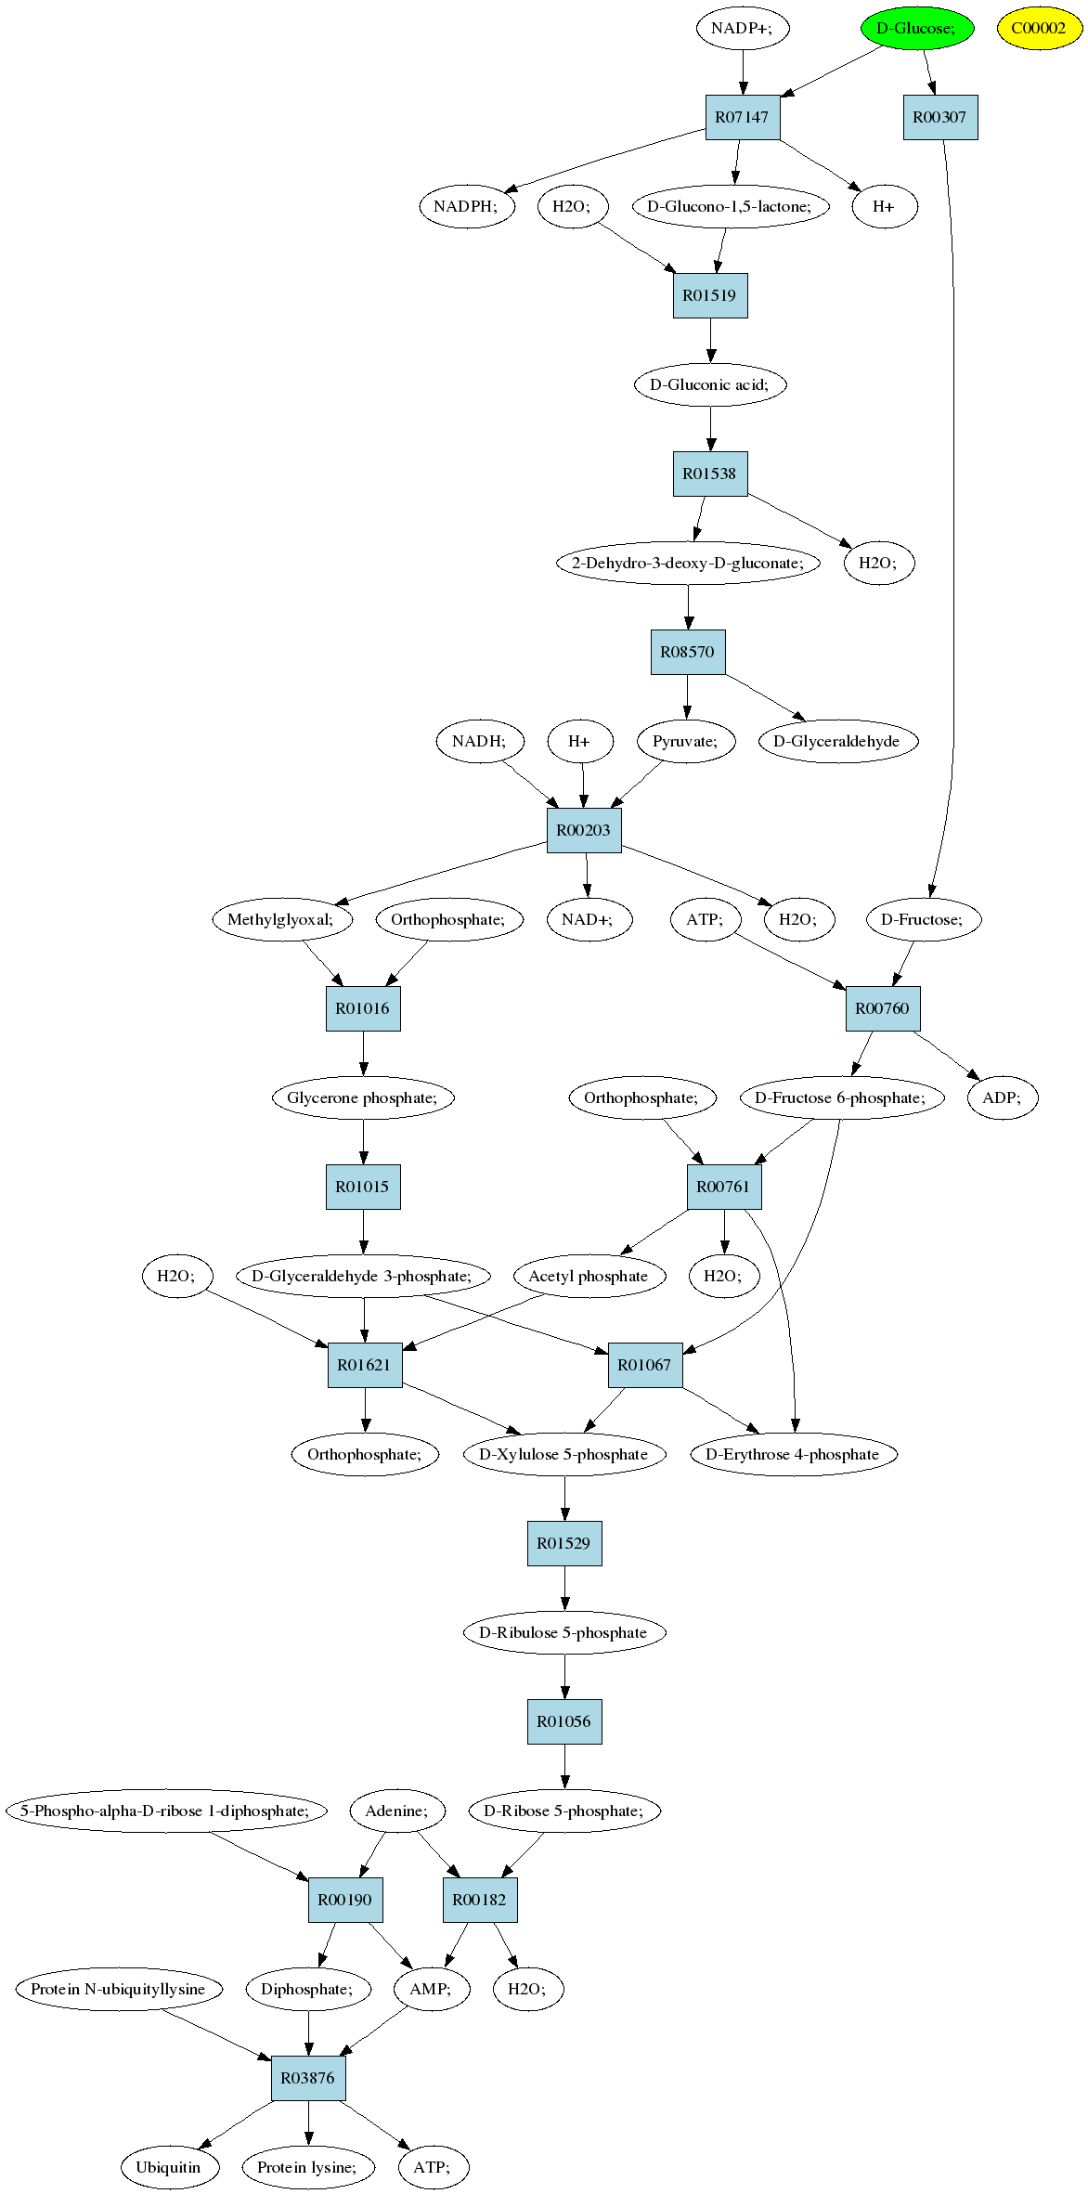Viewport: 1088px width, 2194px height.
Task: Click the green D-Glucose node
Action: pos(916,28)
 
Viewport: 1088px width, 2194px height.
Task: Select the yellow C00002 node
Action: pos(1039,28)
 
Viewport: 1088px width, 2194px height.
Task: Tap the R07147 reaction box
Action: pos(742,117)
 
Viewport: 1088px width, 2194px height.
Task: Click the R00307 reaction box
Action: pos(940,117)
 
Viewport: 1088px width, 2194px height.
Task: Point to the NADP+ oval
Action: pos(742,28)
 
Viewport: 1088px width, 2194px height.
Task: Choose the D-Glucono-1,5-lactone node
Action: pos(729,206)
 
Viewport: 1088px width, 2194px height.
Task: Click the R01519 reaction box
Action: pos(710,295)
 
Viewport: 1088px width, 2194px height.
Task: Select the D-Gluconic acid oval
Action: pos(710,384)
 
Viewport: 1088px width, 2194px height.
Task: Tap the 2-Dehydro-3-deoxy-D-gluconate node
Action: pos(688,563)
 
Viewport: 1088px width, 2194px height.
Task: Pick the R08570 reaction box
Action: pos(688,652)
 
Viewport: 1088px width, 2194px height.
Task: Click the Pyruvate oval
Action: pos(686,741)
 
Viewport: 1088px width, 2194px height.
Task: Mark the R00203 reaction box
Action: pos(584,830)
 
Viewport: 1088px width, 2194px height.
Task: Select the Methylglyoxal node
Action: pos(284,919)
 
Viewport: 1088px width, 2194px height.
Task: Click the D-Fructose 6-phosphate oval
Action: pos(841,1097)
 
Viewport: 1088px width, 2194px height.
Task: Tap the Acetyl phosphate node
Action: pos(589,1276)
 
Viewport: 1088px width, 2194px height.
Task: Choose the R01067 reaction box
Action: pos(645,1365)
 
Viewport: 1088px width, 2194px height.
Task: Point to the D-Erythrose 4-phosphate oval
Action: pos(794,1454)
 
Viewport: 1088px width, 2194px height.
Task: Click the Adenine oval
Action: pos(397,1811)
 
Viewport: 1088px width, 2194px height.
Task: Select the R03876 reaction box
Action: pos(308,2078)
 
